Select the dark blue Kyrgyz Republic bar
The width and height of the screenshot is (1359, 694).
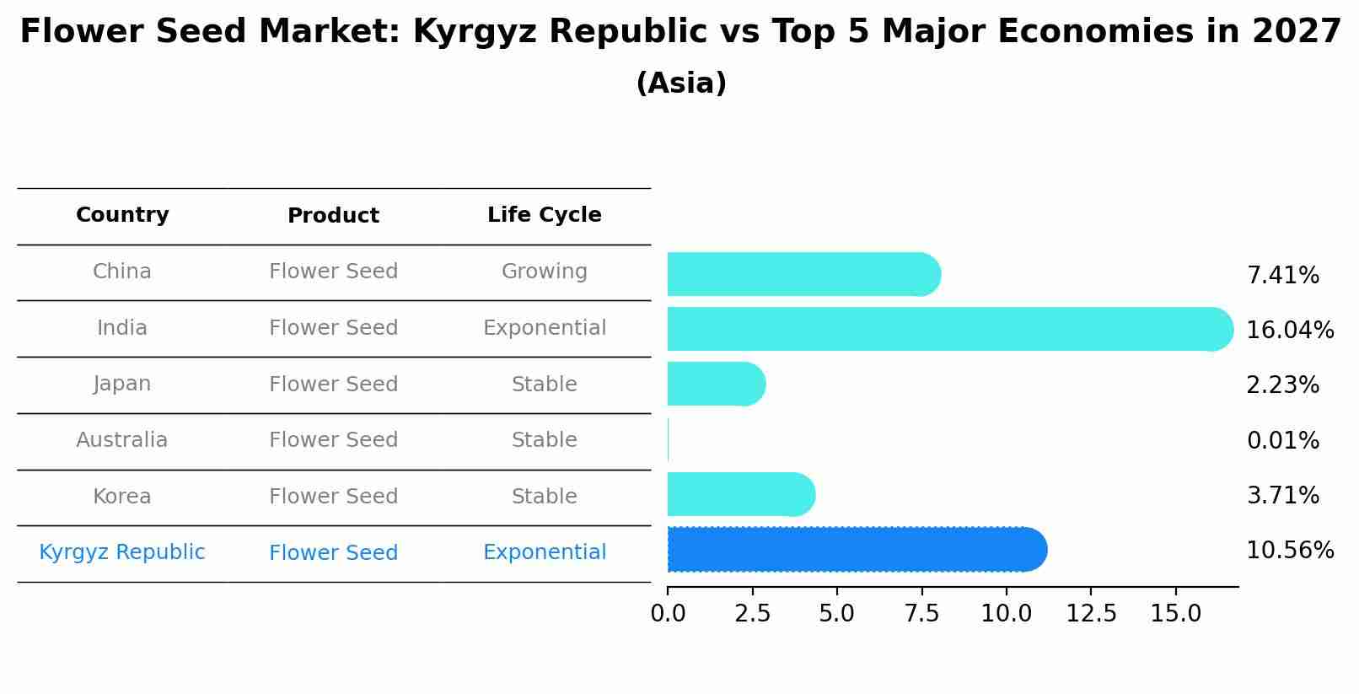857,550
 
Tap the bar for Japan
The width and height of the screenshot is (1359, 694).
716,384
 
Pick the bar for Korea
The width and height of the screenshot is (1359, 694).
740,494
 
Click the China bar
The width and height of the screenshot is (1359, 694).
803,274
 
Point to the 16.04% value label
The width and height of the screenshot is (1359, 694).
1290,331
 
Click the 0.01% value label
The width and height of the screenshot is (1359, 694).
1282,440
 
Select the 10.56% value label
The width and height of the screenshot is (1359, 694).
1290,551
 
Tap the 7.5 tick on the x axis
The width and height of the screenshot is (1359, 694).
921,613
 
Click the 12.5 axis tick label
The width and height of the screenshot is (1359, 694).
1091,613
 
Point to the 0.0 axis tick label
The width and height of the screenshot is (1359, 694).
668,613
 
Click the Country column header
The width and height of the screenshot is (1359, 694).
122,215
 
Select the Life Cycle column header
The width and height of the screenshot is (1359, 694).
545,215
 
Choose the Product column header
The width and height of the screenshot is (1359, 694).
333,216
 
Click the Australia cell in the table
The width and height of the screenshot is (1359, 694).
122,440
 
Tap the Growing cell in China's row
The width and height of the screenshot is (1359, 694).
545,272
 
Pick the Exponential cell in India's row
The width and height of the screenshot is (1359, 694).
545,328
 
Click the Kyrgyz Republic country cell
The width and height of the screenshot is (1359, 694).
122,552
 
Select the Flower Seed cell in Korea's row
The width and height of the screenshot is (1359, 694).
333,497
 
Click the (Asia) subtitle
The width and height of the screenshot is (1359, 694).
681,83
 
